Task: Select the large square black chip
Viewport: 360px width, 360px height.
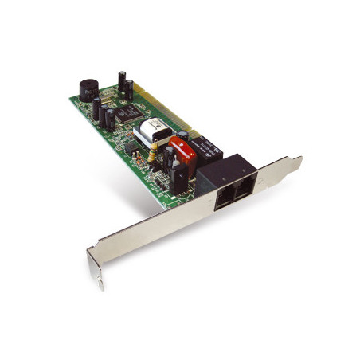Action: tap(127, 115)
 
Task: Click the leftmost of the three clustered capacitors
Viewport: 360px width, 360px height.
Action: tap(97, 109)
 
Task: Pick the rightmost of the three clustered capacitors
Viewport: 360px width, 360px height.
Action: tap(112, 119)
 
